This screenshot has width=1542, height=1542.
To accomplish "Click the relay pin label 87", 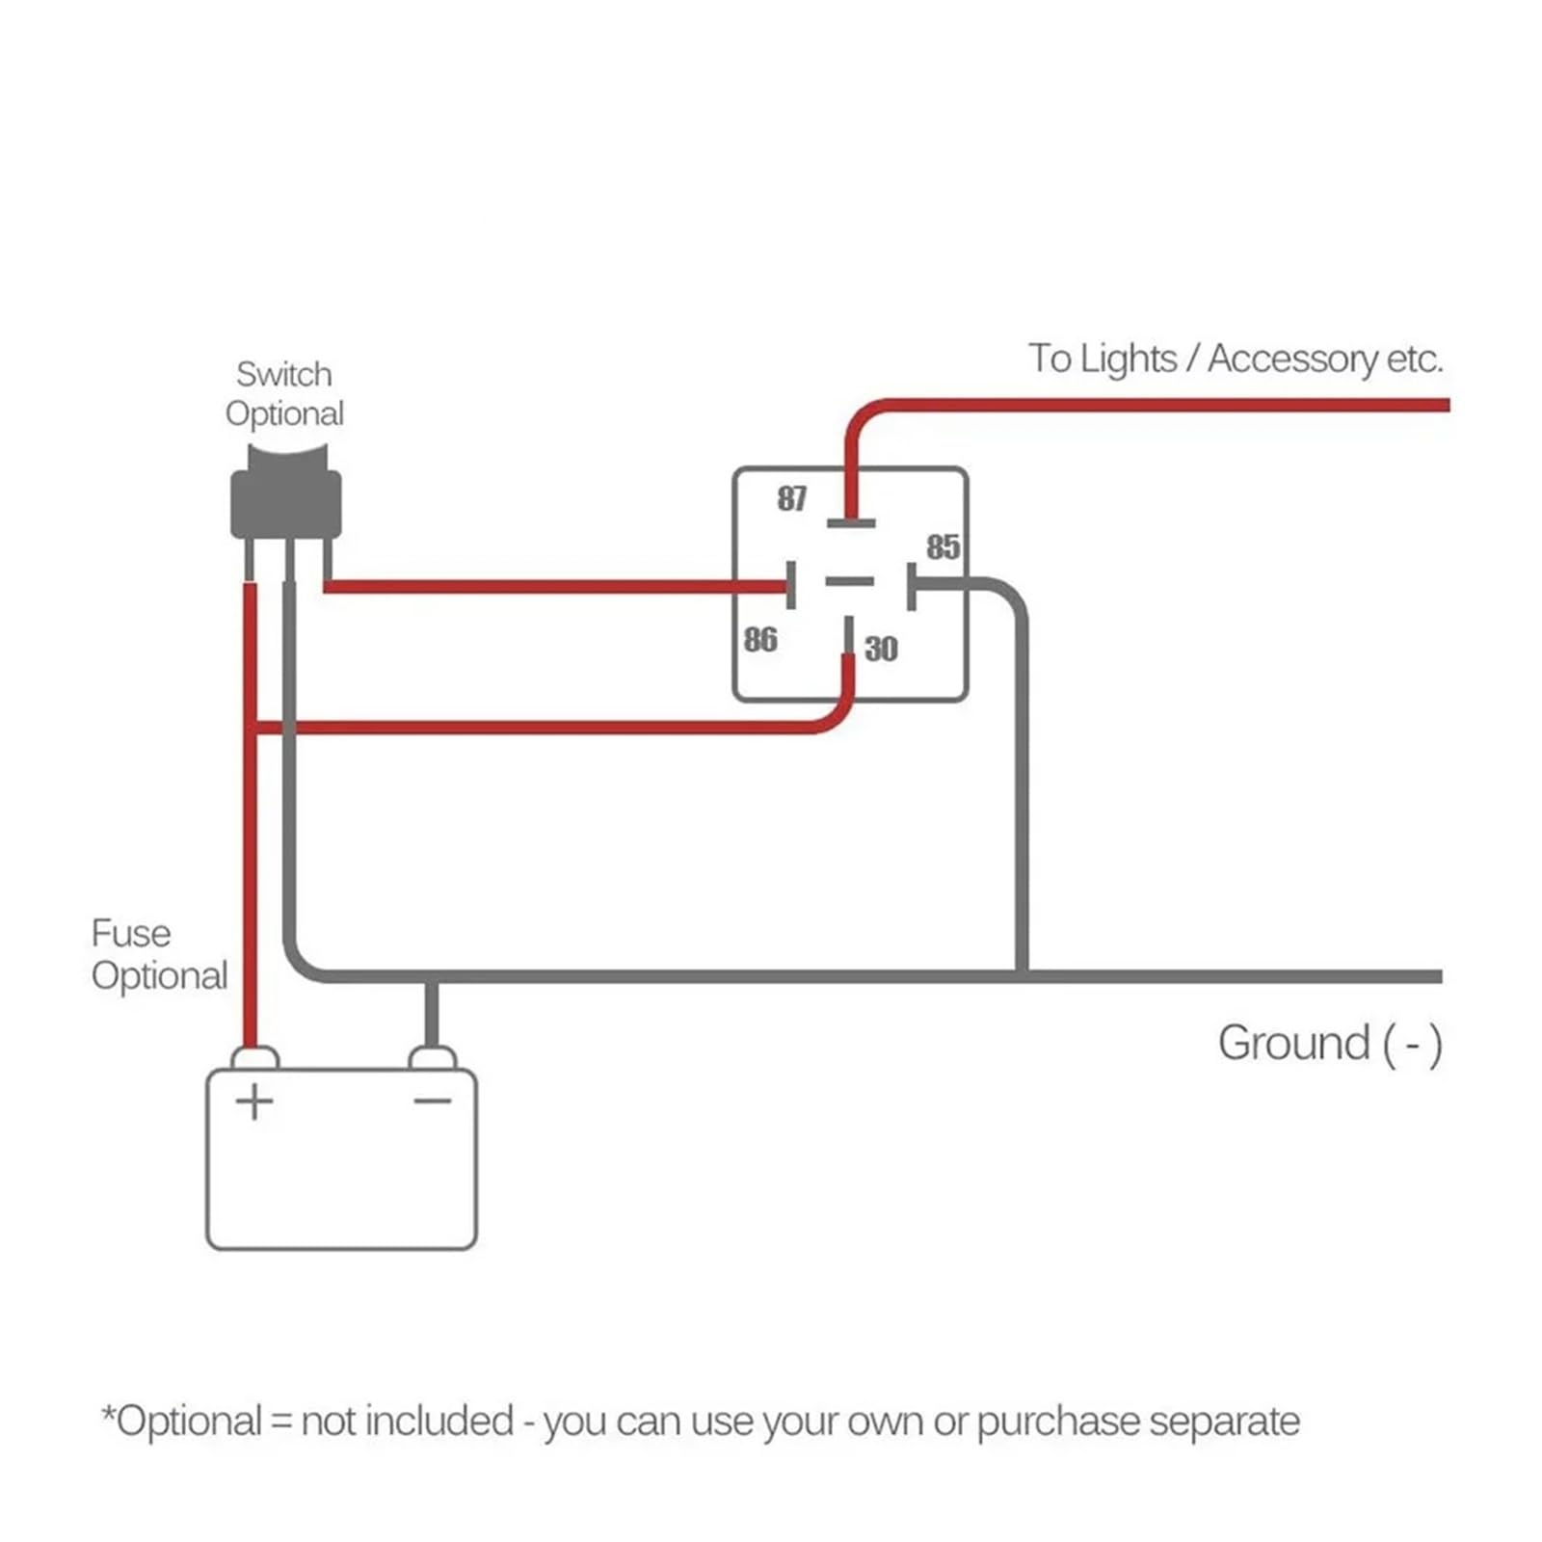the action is click(791, 498).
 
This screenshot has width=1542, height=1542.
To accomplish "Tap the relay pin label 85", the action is click(943, 547).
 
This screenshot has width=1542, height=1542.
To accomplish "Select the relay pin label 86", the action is click(759, 639).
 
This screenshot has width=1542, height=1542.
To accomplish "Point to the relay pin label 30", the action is click(881, 649).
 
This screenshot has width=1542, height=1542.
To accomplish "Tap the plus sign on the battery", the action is click(254, 1102).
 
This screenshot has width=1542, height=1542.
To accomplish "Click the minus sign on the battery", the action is click(433, 1101).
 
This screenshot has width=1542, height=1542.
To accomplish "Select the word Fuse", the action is click(131, 933).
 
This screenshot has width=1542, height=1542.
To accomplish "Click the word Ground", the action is click(1294, 1043).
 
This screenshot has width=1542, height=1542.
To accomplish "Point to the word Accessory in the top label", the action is click(1293, 359).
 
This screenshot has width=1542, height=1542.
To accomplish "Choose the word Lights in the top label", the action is click(1128, 359).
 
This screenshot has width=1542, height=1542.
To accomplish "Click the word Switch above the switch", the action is click(284, 374).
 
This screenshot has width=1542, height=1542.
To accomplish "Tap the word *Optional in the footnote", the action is click(182, 1422).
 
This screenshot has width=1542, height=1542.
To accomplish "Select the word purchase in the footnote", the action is click(1058, 1422).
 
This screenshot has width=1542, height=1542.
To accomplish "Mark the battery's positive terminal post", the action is click(254, 1058).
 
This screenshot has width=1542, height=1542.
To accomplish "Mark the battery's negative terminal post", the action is click(433, 1058).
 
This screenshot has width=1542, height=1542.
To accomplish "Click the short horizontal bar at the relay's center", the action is click(850, 581).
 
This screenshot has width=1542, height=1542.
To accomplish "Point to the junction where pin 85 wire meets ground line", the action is click(1022, 976).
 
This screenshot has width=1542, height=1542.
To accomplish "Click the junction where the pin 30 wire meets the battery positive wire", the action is click(252, 728).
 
